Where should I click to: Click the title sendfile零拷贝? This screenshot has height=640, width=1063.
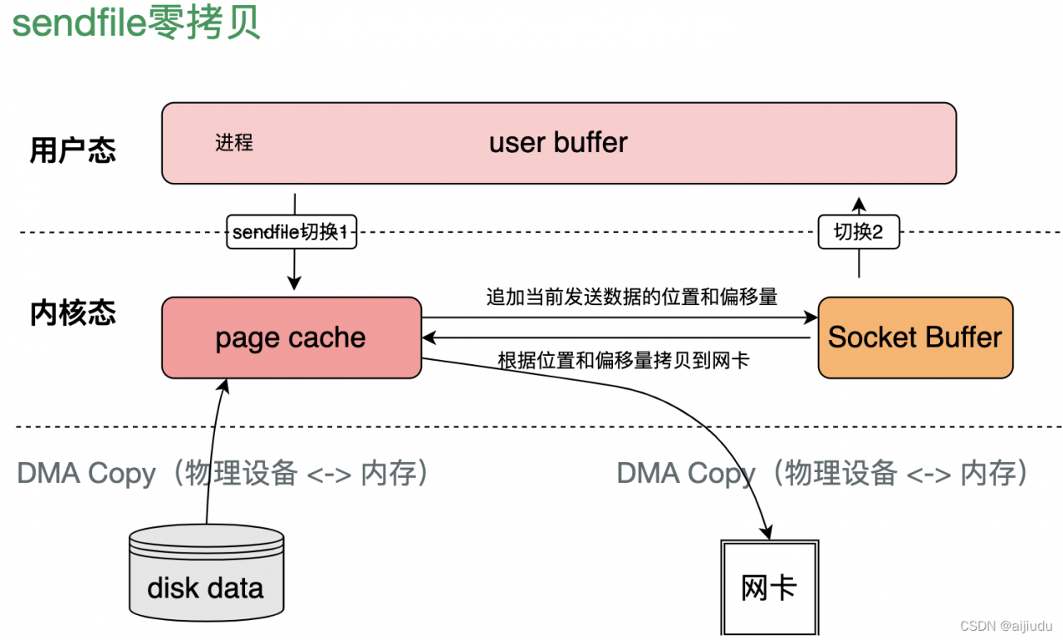pyautogui.click(x=136, y=22)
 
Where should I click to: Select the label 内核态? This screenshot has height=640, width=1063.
pyautogui.click(x=73, y=313)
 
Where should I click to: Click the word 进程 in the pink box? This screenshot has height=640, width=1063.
pyautogui.click(x=233, y=143)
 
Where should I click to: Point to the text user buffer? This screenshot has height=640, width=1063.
pyautogui.click(x=558, y=143)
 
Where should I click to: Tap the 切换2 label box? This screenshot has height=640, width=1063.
pyautogui.click(x=859, y=233)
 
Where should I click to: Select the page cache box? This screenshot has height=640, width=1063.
pyautogui.click(x=291, y=337)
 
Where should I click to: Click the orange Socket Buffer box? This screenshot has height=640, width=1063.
pyautogui.click(x=915, y=337)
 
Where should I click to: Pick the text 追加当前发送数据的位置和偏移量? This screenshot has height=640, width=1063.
pyautogui.click(x=631, y=297)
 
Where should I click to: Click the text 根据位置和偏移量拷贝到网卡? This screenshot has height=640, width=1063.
pyautogui.click(x=623, y=361)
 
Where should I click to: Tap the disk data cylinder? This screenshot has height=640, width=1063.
pyautogui.click(x=206, y=576)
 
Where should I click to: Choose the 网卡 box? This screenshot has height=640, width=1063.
pyautogui.click(x=769, y=588)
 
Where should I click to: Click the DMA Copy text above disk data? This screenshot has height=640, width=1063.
pyautogui.click(x=224, y=474)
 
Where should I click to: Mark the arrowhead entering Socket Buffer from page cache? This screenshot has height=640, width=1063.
pyautogui.click(x=811, y=318)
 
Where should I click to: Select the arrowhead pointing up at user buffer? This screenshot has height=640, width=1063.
pyautogui.click(x=859, y=202)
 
